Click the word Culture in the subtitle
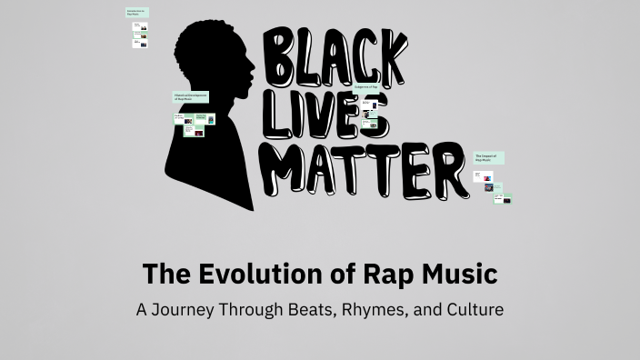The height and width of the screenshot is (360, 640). click(473, 309)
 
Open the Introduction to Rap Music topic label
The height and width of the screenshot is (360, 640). click(136, 13)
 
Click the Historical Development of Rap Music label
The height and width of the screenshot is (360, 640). click(191, 96)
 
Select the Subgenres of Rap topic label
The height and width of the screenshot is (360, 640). click(381, 87)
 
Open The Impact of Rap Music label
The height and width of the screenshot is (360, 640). click(488, 158)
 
